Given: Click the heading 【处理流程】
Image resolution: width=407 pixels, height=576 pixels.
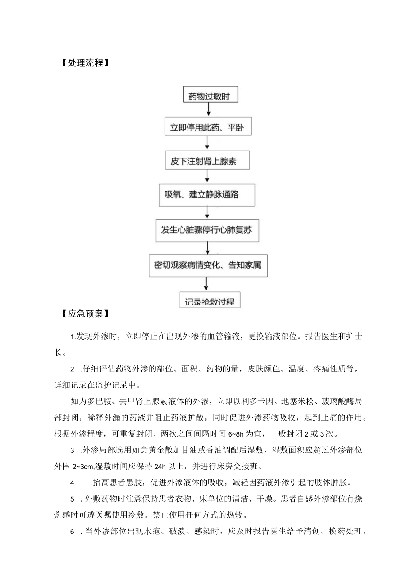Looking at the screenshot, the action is coord(83,63).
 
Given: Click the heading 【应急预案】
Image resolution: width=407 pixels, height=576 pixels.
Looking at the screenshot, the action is coord(83,314).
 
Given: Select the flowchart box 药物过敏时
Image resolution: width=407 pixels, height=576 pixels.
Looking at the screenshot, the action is coord(208,95).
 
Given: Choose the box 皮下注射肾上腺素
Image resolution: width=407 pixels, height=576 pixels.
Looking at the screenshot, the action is coord(207,160).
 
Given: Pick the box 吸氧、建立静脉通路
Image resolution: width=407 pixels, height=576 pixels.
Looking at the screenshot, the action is coord(207,195).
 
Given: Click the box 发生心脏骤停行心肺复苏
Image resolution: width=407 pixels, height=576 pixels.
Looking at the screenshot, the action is coord(207,230).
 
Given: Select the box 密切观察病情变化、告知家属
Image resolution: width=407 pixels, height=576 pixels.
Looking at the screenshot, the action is coord(207,265).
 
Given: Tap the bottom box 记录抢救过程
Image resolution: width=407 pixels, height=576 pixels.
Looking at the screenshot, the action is coord(209,301).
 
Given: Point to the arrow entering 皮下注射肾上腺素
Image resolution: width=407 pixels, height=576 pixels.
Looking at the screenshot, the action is coord(207,144).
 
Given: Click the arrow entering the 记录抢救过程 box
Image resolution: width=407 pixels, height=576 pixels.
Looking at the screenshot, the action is coord(207,284).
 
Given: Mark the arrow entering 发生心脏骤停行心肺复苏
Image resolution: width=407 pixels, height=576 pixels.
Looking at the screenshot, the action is coord(207,213).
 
